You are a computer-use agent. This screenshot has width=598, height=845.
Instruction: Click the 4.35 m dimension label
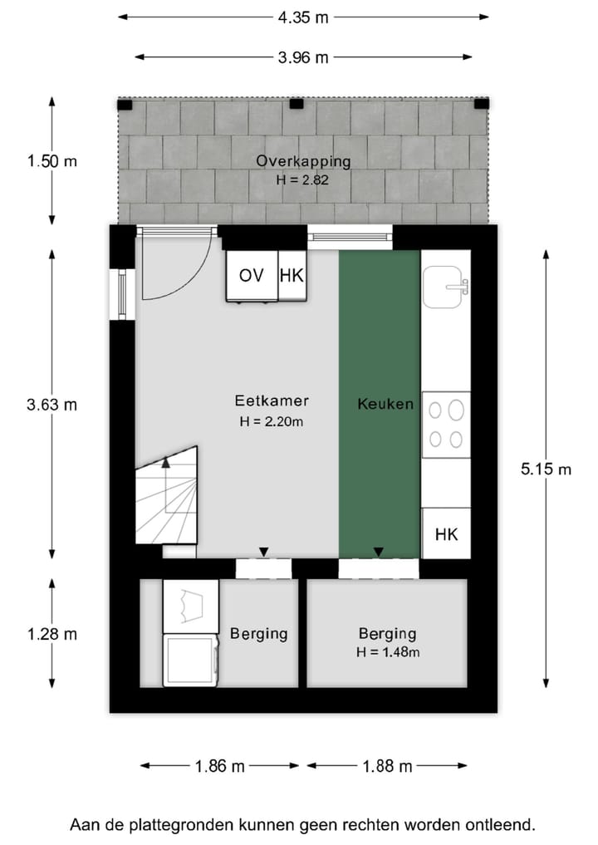(303, 15)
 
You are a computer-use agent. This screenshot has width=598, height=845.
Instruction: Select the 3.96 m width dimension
(303, 57)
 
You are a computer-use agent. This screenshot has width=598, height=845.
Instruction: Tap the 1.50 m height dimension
(51, 161)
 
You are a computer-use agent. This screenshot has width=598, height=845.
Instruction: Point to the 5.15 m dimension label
(546, 469)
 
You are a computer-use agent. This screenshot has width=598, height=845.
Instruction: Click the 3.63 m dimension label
(51, 405)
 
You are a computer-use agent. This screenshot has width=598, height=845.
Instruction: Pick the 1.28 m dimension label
(51, 634)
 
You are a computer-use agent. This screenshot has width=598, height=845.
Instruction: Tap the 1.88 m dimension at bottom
(386, 766)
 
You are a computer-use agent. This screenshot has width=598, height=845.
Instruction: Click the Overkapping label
(303, 161)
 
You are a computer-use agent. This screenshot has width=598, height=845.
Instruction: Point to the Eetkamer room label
(270, 401)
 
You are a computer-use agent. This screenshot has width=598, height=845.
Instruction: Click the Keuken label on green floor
(385, 405)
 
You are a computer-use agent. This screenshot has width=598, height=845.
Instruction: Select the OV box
(251, 276)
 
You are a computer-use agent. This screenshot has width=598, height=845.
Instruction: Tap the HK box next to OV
(292, 276)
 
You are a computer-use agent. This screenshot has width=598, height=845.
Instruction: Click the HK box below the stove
(446, 533)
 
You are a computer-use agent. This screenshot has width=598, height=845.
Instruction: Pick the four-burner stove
(446, 424)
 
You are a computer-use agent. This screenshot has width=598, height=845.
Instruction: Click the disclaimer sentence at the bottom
(302, 825)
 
